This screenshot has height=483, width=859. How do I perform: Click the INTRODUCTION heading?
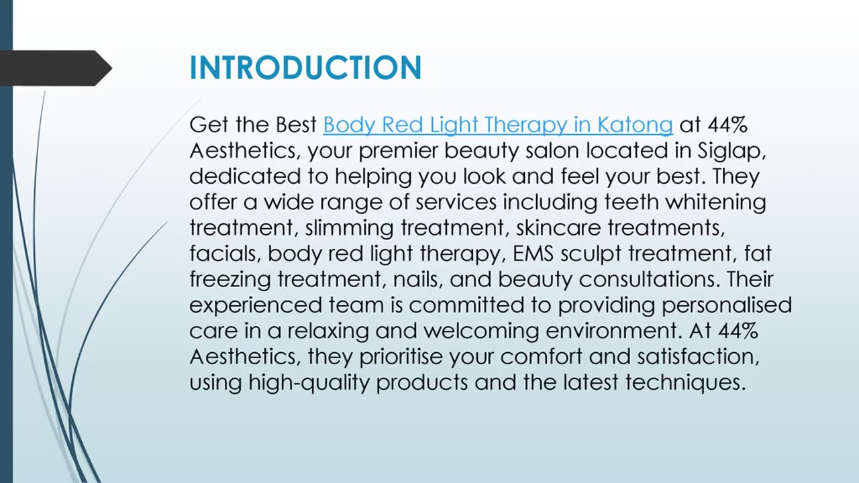tap(305, 68)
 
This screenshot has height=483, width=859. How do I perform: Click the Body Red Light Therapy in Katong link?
tap(497, 125)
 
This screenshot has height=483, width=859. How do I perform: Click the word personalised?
tap(726, 305)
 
